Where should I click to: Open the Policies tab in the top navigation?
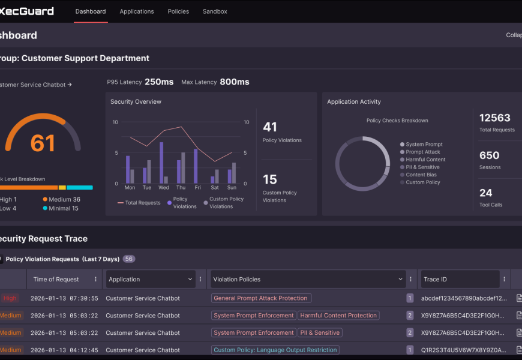pos(178,11)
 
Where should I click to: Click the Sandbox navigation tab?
pos(215,11)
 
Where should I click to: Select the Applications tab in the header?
pos(137,11)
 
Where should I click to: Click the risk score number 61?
pos(43,143)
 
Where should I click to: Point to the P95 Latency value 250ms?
pos(159,82)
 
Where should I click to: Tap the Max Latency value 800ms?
pos(235,82)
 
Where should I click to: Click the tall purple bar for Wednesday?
pos(161,163)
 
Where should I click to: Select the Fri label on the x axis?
pos(197,188)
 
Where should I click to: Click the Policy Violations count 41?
pos(270,127)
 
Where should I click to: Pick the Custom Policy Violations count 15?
pos(270,179)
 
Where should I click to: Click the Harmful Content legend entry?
pos(425,160)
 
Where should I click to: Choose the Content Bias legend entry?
pos(421,175)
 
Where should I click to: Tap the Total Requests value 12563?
pos(495,118)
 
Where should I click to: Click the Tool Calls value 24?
pos(486,193)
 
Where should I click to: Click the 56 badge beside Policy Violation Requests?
pos(129,259)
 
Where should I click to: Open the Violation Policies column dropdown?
pos(401,279)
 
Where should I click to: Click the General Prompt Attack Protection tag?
pos(261,298)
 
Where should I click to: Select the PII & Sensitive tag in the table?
pos(320,332)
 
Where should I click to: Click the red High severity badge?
pos(10,298)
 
